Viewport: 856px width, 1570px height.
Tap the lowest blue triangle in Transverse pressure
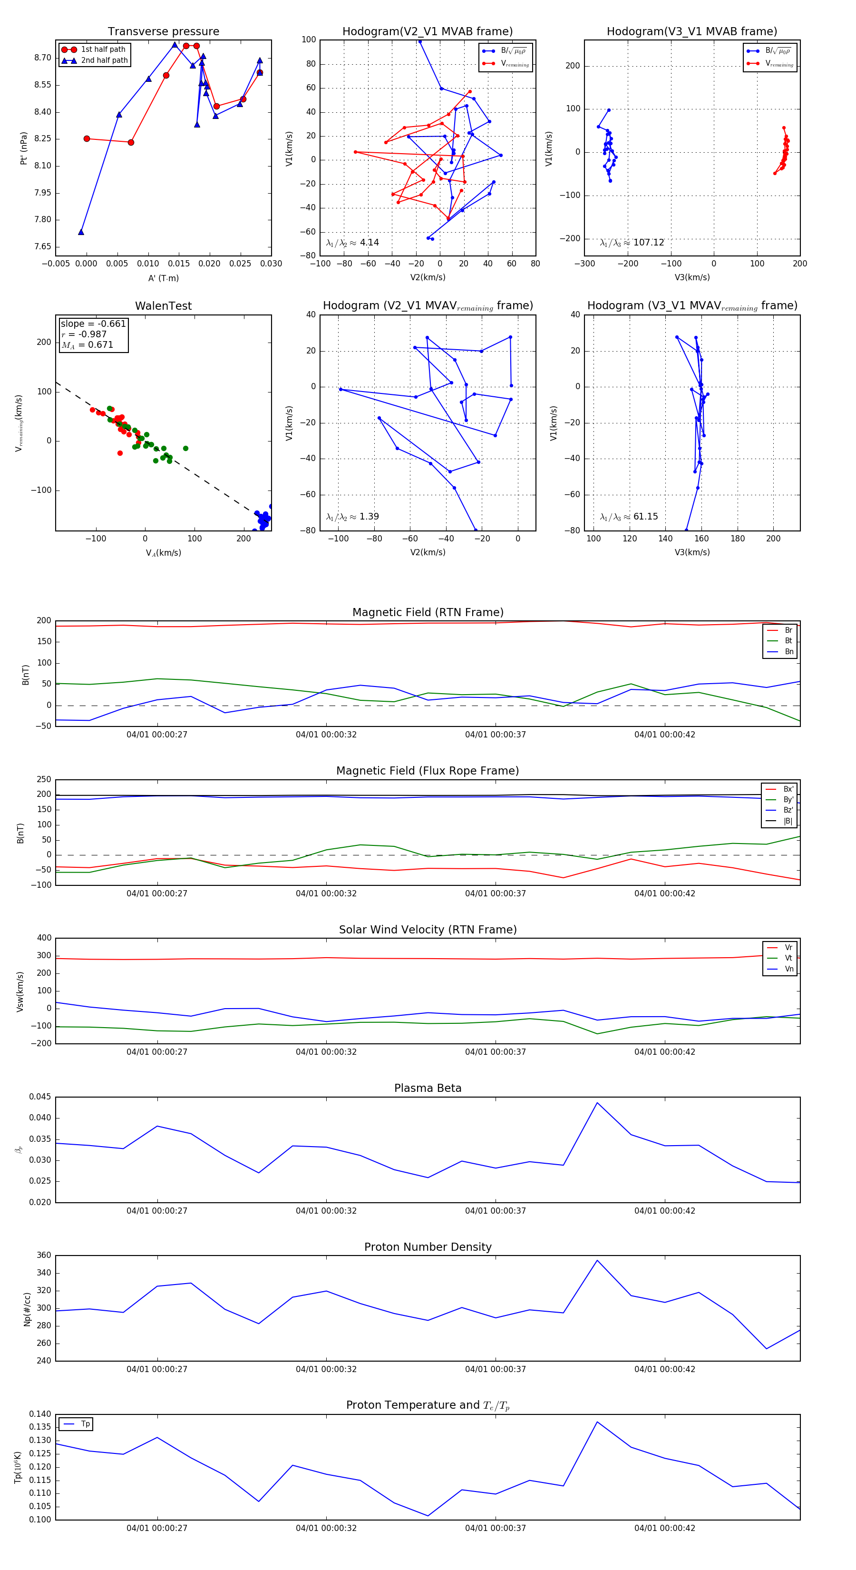pyautogui.click(x=81, y=232)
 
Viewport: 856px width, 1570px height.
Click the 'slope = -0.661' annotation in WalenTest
pyautogui.click(x=93, y=324)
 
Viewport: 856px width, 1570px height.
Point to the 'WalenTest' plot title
pyautogui.click(x=163, y=306)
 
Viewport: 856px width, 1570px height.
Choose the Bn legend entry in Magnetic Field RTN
pyautogui.click(x=788, y=651)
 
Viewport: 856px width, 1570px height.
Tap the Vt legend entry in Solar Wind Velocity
pyautogui.click(x=788, y=958)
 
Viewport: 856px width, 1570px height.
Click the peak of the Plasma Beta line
pyautogui.click(x=597, y=1102)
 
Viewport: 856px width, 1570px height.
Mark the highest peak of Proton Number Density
pyautogui.click(x=597, y=1260)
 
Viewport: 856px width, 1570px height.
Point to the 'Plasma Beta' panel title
pyautogui.click(x=428, y=1088)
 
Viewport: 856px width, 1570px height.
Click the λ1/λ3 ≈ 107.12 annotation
pyautogui.click(x=632, y=243)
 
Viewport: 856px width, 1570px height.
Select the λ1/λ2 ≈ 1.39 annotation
pyautogui.click(x=352, y=517)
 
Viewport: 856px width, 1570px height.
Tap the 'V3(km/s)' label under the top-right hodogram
pyautogui.click(x=692, y=277)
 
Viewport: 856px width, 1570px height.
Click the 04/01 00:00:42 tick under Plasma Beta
pyautogui.click(x=665, y=1210)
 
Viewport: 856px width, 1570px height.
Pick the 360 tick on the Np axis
pyautogui.click(x=44, y=1256)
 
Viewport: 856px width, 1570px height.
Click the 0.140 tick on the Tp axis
pyautogui.click(x=40, y=1414)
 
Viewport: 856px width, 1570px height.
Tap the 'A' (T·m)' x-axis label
pyautogui.click(x=163, y=278)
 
